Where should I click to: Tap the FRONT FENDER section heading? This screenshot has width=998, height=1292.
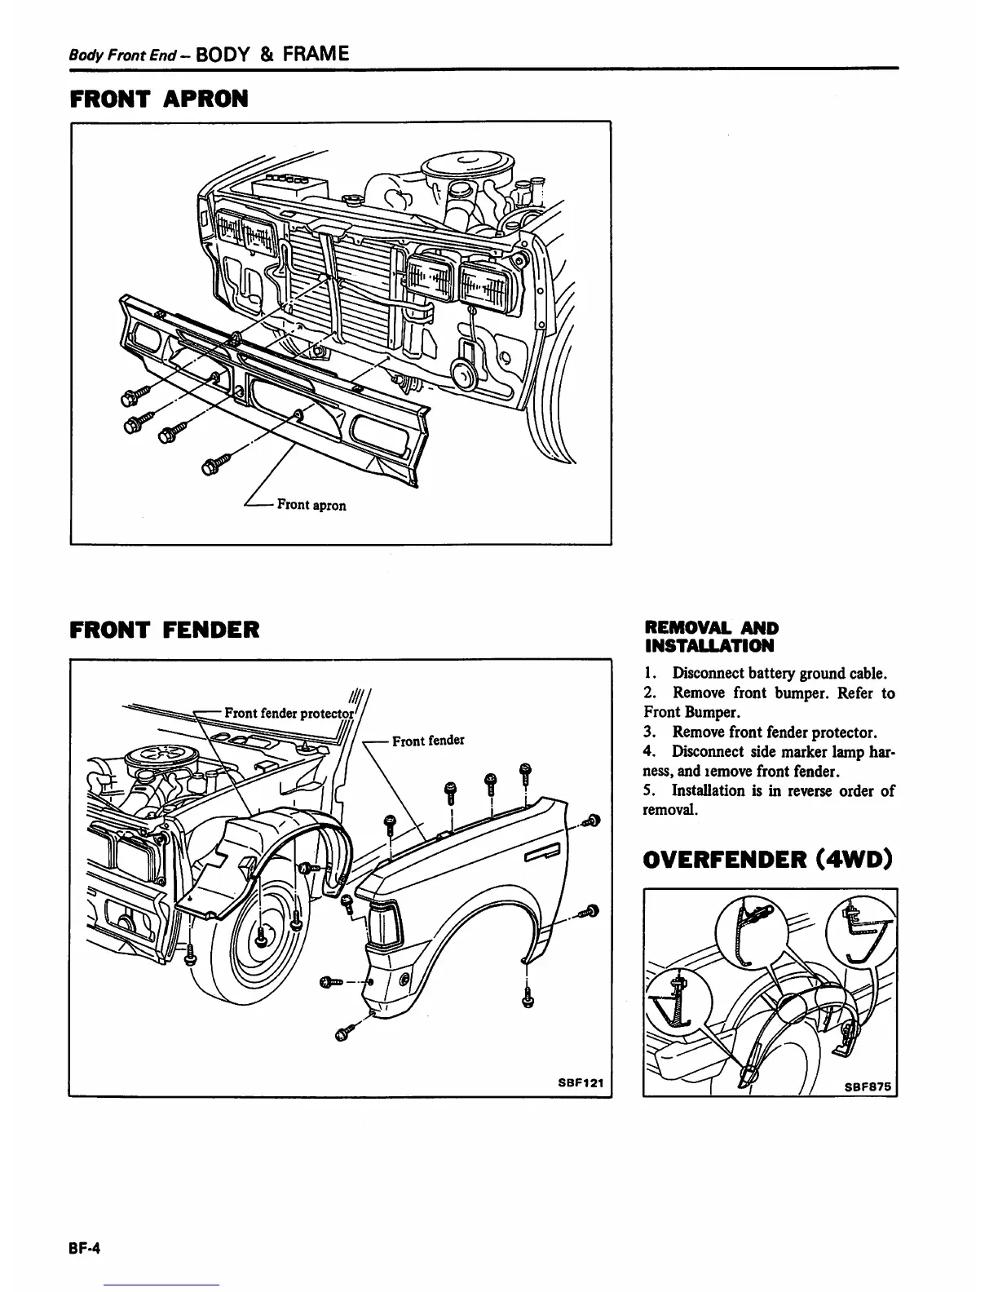click(165, 630)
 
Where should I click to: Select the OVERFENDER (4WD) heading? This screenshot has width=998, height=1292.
click(768, 860)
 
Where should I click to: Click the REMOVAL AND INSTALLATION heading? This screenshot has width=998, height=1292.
click(711, 637)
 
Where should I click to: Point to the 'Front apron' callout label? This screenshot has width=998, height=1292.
click(311, 505)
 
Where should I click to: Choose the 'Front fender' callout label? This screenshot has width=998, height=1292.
click(428, 741)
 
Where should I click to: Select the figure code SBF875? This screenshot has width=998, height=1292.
click(869, 1086)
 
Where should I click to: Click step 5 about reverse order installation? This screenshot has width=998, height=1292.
click(769, 800)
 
